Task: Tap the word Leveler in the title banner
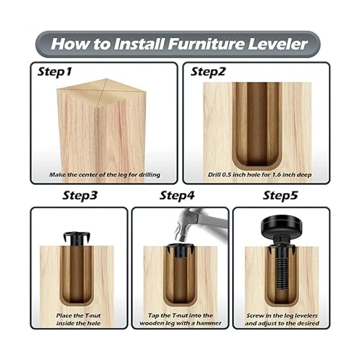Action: [277, 44]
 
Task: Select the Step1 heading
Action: [54, 72]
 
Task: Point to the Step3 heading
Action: [80, 196]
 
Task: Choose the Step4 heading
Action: [177, 196]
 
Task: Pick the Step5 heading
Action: [280, 196]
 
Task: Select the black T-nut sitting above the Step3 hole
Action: [77, 239]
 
